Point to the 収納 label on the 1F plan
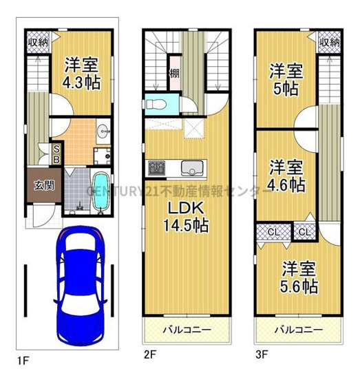pyautogui.click(x=38, y=42)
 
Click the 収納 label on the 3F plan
pyautogui.click(x=330, y=42)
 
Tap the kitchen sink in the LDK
pyautogui.click(x=191, y=168)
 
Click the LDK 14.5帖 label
pyautogui.click(x=181, y=216)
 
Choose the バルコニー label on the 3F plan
pyautogui.click(x=297, y=329)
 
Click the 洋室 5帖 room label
pyautogui.click(x=285, y=78)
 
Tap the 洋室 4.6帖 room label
pyautogui.click(x=286, y=176)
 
